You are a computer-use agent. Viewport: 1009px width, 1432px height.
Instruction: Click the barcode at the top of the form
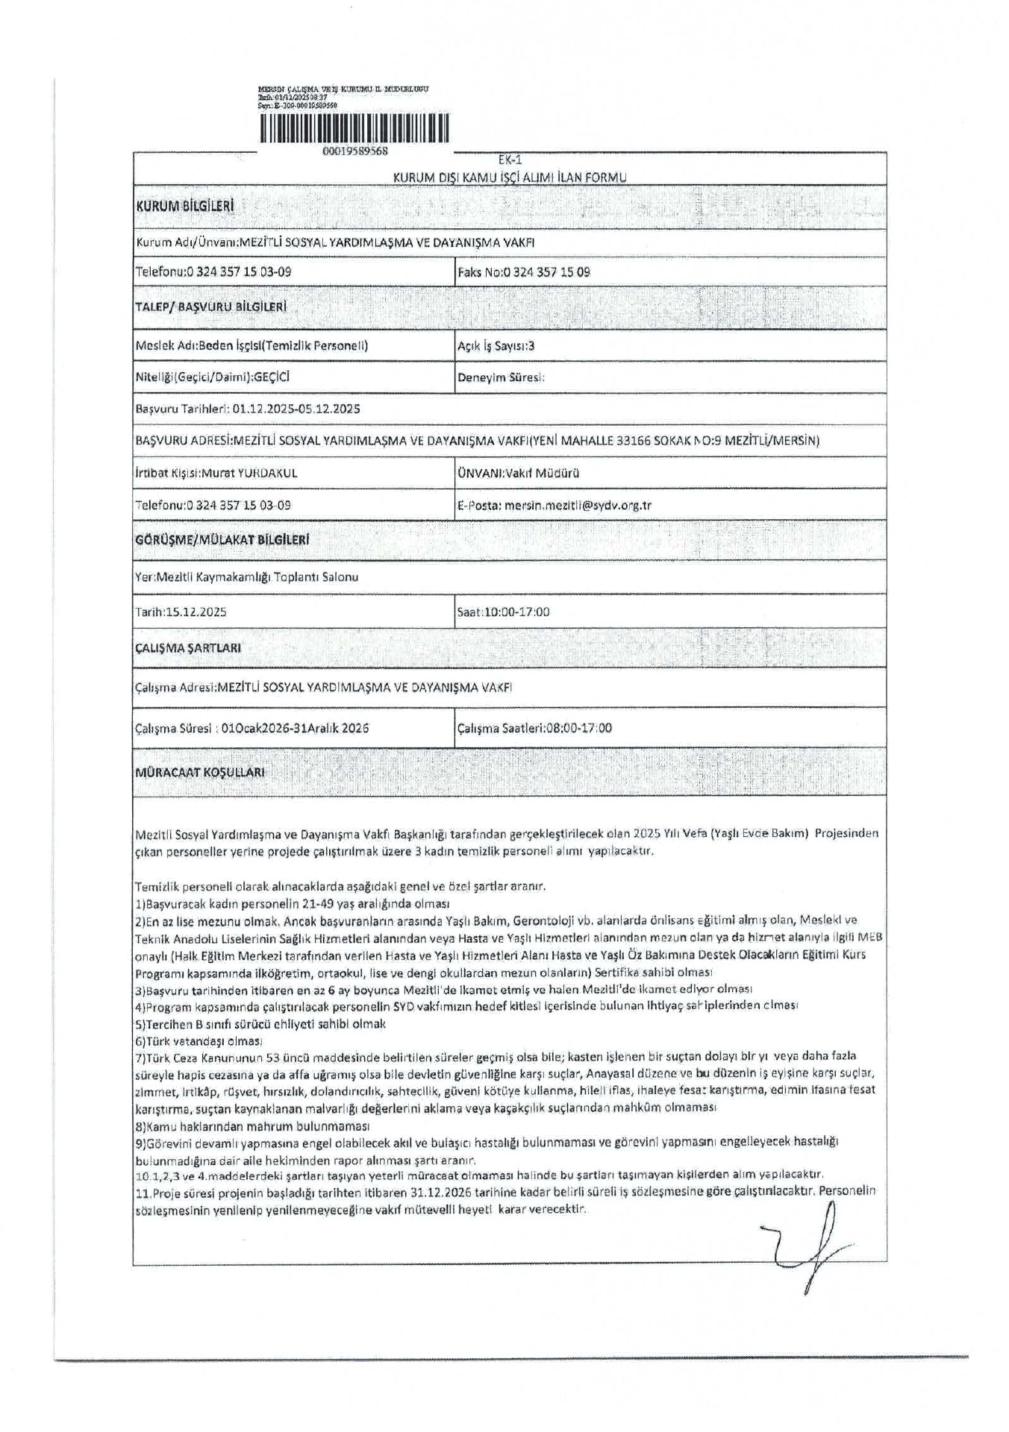point(354,128)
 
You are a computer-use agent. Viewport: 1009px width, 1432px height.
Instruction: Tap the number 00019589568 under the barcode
point(355,151)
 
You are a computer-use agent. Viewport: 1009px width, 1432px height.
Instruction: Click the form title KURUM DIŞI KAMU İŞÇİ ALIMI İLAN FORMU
point(510,177)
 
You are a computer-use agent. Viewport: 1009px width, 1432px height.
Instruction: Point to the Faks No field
point(524,272)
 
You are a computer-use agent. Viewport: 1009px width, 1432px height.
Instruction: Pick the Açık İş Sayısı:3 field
point(496,346)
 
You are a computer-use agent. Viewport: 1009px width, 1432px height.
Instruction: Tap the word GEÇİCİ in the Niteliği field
point(272,377)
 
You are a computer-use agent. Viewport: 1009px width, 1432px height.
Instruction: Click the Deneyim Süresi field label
point(501,377)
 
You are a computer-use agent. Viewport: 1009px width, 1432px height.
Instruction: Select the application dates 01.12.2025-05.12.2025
point(296,409)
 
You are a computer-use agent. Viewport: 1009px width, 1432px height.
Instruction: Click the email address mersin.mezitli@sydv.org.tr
point(578,505)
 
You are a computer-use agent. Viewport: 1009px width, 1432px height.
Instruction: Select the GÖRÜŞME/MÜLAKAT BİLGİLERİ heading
point(222,539)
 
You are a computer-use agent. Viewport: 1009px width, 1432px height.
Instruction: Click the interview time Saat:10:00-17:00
point(503,612)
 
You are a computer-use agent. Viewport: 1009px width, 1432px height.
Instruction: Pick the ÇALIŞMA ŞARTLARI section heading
point(188,647)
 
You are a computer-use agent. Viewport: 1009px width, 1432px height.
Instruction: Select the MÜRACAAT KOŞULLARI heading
point(200,773)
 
